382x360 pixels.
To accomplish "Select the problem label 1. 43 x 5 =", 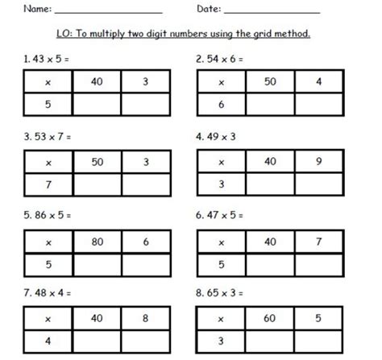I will [x=48, y=60].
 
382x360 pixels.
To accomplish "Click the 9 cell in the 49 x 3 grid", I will [x=318, y=161].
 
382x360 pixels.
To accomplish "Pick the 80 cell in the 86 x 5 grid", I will [x=98, y=241].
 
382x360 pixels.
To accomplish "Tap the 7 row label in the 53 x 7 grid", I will [x=49, y=185].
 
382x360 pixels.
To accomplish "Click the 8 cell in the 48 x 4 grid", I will [x=145, y=318].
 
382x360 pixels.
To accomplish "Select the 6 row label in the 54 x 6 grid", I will [x=221, y=106].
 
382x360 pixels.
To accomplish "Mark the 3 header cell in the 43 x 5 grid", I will [x=145, y=81].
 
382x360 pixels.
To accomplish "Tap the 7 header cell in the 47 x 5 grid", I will [x=318, y=241].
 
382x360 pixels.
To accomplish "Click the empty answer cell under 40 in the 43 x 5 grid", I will [x=98, y=106].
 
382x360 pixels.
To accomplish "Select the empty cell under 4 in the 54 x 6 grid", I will [x=318, y=106].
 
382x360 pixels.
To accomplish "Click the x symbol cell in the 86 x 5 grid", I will [x=49, y=241].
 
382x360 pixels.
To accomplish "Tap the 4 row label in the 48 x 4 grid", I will [x=49, y=342].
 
